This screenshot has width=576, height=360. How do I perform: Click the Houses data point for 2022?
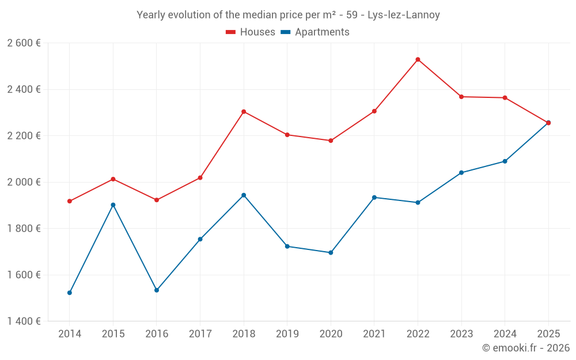tap(418, 59)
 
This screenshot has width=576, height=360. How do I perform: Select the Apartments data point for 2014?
tap(70, 293)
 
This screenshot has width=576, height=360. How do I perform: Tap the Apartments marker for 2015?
tap(113, 204)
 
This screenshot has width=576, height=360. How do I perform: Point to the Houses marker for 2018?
tap(244, 111)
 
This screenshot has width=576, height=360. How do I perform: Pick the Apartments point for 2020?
tap(331, 252)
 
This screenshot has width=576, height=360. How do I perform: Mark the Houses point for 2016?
tap(157, 200)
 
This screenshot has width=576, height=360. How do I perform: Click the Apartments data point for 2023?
tap(461, 173)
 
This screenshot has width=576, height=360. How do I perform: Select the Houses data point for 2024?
tap(505, 98)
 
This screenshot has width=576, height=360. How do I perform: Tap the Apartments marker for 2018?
tap(244, 195)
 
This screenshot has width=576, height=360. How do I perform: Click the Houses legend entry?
tap(251, 32)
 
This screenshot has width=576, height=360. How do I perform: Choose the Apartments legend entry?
tap(315, 32)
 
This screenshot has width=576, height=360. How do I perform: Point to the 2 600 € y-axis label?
tap(24, 43)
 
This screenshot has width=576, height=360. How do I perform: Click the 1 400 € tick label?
tap(24, 321)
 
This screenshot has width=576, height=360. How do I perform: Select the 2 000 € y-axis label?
tap(24, 182)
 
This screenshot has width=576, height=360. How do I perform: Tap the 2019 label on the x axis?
tap(287, 334)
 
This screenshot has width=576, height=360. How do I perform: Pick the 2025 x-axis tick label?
tap(548, 334)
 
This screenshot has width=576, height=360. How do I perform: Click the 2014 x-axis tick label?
tap(70, 334)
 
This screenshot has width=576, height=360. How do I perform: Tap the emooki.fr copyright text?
tap(526, 348)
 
